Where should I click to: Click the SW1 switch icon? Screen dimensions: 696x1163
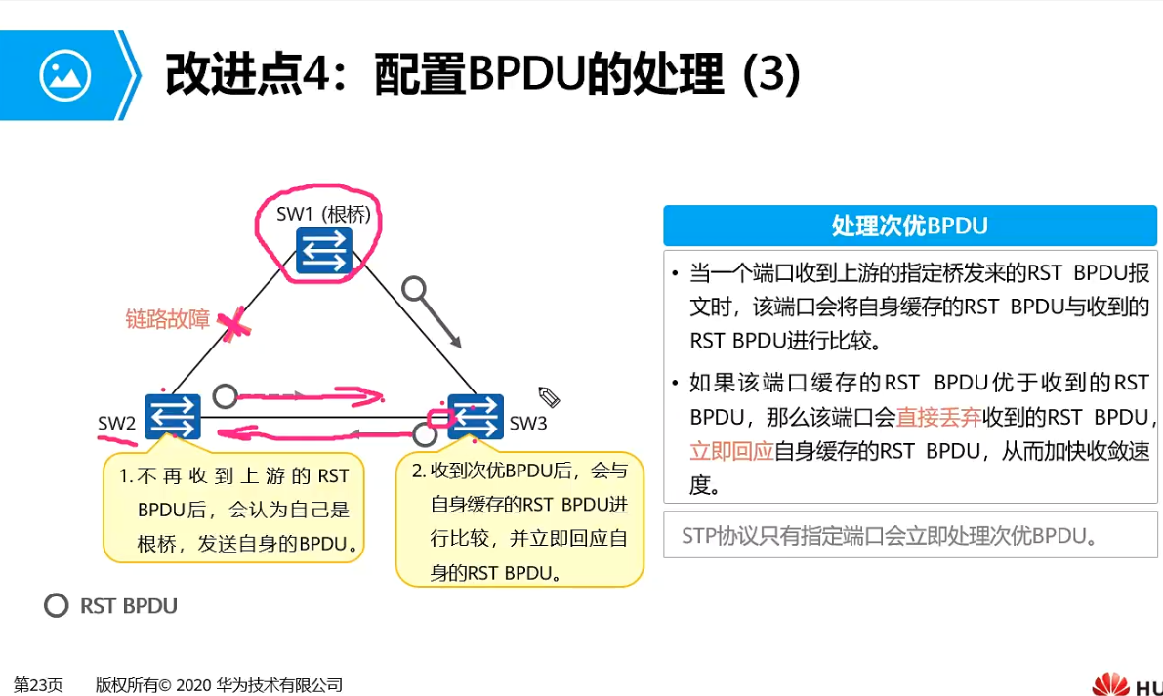pos(324,251)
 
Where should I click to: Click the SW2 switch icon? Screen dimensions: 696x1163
pos(173,417)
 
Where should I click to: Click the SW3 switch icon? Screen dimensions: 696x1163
pos(476,417)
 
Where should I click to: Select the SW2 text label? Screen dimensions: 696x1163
pos(116,423)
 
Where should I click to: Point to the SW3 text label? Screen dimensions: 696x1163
pos(528,423)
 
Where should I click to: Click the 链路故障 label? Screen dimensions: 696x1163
pos(168,318)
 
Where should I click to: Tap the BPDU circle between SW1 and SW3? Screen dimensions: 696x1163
pos(416,289)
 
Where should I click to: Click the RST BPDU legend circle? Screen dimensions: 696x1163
pos(56,605)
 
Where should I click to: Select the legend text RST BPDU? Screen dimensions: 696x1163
pos(129,606)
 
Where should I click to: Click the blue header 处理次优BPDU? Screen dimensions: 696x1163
pos(909,226)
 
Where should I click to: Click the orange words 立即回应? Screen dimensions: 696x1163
pos(731,451)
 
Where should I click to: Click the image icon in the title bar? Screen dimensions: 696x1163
pos(64,75)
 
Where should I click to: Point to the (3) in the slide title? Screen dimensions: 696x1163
pos(771,74)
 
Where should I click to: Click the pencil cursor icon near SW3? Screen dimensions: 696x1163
pos(548,396)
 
